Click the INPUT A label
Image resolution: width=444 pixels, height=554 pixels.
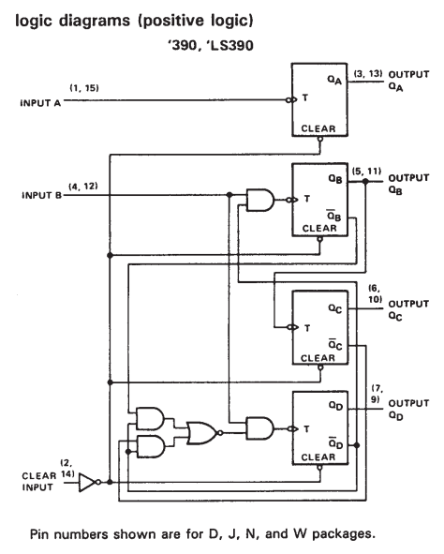tap(40, 103)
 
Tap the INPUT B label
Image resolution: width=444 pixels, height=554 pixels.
tap(41, 195)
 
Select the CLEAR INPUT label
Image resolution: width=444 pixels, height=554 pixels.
tap(38, 482)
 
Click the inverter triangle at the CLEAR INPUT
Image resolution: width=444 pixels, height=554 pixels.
tap(87, 482)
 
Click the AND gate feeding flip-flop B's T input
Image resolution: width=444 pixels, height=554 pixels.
tap(260, 200)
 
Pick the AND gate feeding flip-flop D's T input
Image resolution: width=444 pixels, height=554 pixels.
tap(260, 428)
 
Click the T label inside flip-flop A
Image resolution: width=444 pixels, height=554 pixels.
tap(305, 97)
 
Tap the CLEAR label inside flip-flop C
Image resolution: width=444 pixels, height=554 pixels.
tap(318, 358)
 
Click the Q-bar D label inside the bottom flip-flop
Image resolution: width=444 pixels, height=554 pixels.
tap(335, 442)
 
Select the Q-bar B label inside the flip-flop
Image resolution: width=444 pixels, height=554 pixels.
tap(333, 215)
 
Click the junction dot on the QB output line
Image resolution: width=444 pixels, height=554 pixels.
tap(365, 182)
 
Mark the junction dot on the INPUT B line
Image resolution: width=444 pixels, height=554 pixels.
tap(229, 195)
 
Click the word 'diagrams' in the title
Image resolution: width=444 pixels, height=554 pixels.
tap(95, 21)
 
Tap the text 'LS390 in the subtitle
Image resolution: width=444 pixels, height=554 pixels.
tap(230, 46)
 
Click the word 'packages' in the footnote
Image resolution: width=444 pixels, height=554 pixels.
tap(340, 534)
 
